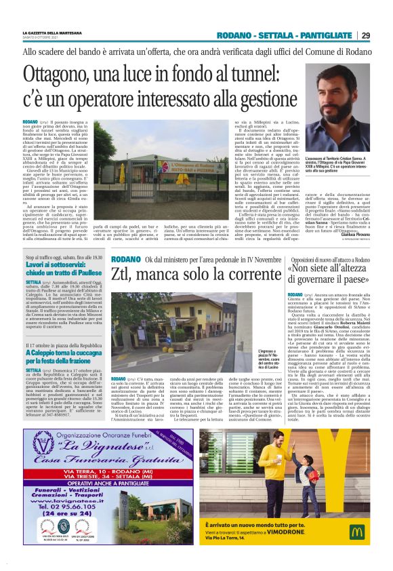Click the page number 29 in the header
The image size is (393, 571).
(x=365, y=35)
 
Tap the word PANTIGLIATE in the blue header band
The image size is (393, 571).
(x=325, y=35)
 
